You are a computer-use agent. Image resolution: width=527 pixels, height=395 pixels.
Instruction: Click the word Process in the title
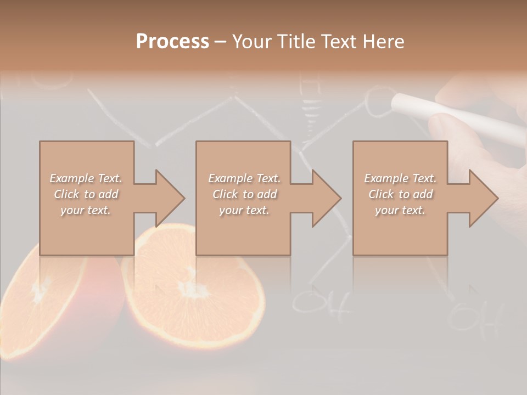(x=172, y=42)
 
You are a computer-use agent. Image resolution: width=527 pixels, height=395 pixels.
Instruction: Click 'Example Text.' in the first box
(x=86, y=178)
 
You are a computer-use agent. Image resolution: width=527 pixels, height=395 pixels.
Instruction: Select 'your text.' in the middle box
(x=244, y=210)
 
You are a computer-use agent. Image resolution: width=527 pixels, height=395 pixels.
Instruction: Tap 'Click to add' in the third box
(x=400, y=194)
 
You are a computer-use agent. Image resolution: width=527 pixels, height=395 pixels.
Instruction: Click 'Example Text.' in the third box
(x=400, y=178)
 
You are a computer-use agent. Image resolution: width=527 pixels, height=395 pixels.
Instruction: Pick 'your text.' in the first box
(x=86, y=210)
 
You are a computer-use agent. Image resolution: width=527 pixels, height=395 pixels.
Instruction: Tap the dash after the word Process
(x=221, y=42)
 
